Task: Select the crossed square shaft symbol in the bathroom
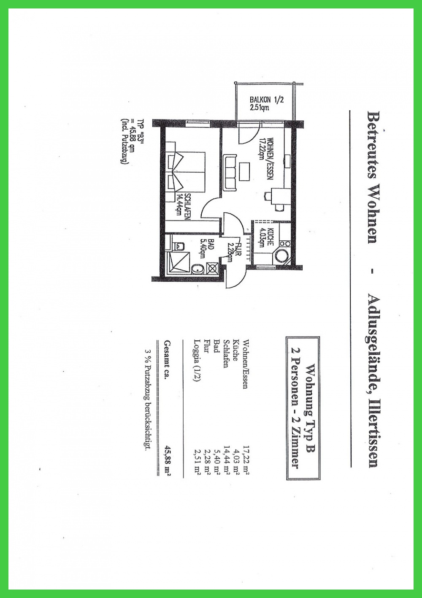[x=213, y=268]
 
